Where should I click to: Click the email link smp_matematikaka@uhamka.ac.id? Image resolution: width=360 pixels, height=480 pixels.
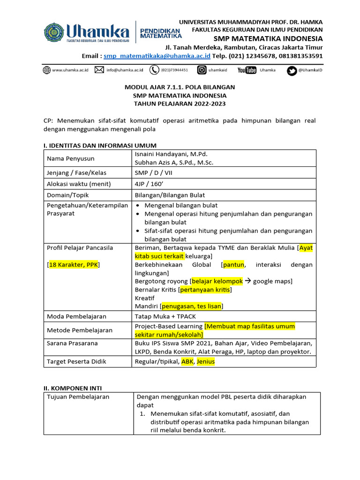tap(157, 56)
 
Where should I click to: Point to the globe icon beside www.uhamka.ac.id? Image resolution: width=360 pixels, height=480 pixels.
tap(47, 70)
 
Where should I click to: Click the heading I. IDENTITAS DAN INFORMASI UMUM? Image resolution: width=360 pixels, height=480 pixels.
tap(100, 145)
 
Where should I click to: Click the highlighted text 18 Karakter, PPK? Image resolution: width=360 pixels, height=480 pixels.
tap(73, 265)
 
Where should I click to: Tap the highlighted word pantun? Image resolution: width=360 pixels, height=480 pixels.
tap(234, 265)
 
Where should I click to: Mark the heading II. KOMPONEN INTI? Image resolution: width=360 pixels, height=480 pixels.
tap(72, 388)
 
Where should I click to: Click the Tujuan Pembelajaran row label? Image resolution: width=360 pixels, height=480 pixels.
tap(78, 397)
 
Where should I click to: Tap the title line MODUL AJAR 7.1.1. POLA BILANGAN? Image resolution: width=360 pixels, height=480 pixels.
tap(180, 87)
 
